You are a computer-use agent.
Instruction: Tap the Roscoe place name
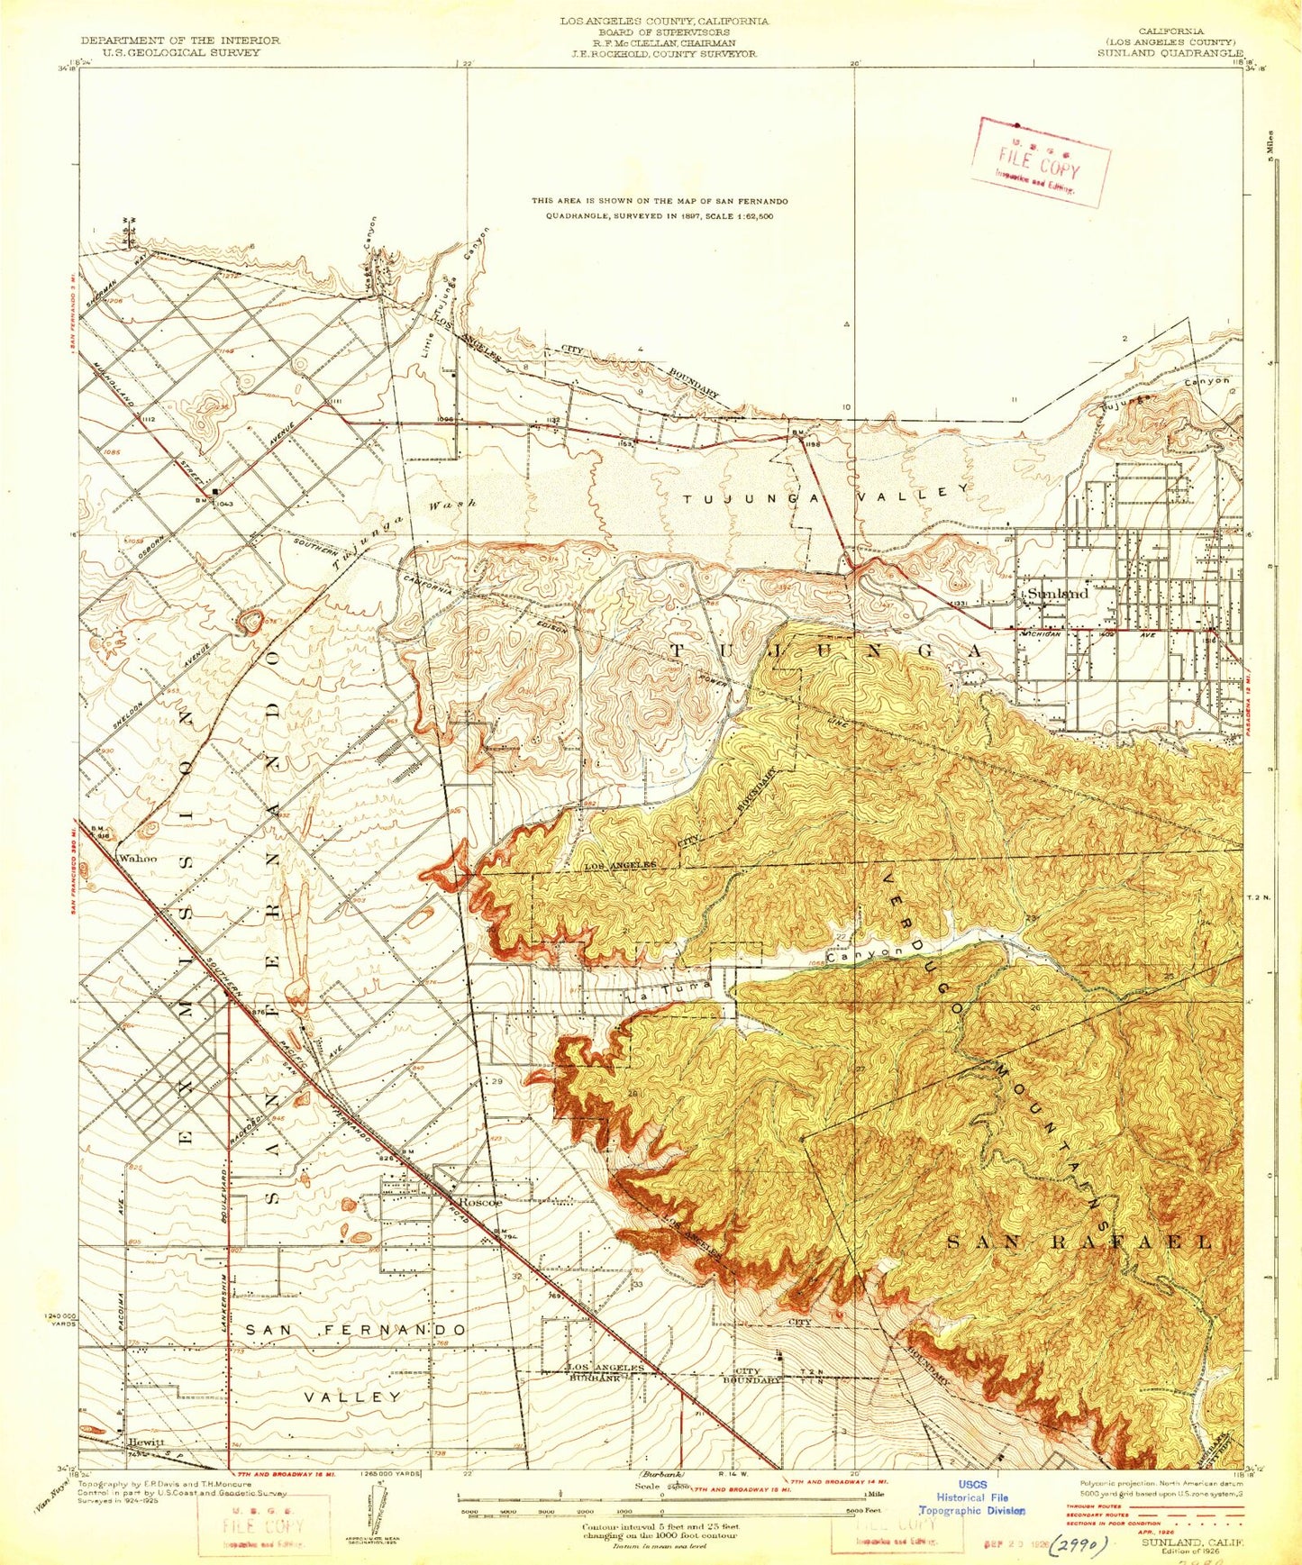pos(480,1203)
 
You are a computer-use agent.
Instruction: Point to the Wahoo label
pos(138,859)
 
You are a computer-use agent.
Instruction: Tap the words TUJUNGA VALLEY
pos(825,495)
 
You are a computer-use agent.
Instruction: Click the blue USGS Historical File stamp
pos(972,1497)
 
